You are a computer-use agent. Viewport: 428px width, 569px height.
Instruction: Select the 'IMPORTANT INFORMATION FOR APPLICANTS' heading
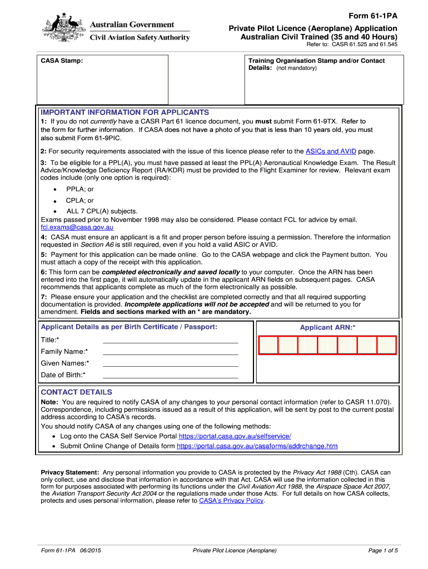coord(125,112)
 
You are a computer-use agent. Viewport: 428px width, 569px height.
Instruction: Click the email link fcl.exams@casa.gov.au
coord(77,227)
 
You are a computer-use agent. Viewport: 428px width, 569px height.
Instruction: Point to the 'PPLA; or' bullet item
coord(80,189)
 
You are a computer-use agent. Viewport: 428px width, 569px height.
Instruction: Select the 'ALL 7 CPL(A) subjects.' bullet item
coord(102,211)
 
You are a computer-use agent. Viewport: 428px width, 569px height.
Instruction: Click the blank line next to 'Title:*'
coord(170,340)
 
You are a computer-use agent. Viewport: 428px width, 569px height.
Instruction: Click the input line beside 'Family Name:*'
coord(170,352)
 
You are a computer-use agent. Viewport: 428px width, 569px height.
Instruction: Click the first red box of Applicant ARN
coord(268,345)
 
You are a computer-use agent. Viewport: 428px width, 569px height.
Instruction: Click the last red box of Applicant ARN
coord(386,345)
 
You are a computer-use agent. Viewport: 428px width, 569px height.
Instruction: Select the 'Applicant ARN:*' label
coord(327,328)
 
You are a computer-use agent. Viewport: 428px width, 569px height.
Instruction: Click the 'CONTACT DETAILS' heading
coord(76,392)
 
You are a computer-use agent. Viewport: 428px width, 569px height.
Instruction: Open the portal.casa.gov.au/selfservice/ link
coord(235,436)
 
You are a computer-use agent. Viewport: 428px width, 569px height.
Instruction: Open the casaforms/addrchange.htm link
coord(257,446)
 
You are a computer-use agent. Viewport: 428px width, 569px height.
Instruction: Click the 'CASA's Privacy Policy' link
coord(231,501)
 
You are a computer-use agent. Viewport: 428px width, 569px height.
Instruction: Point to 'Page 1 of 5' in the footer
coord(383,551)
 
